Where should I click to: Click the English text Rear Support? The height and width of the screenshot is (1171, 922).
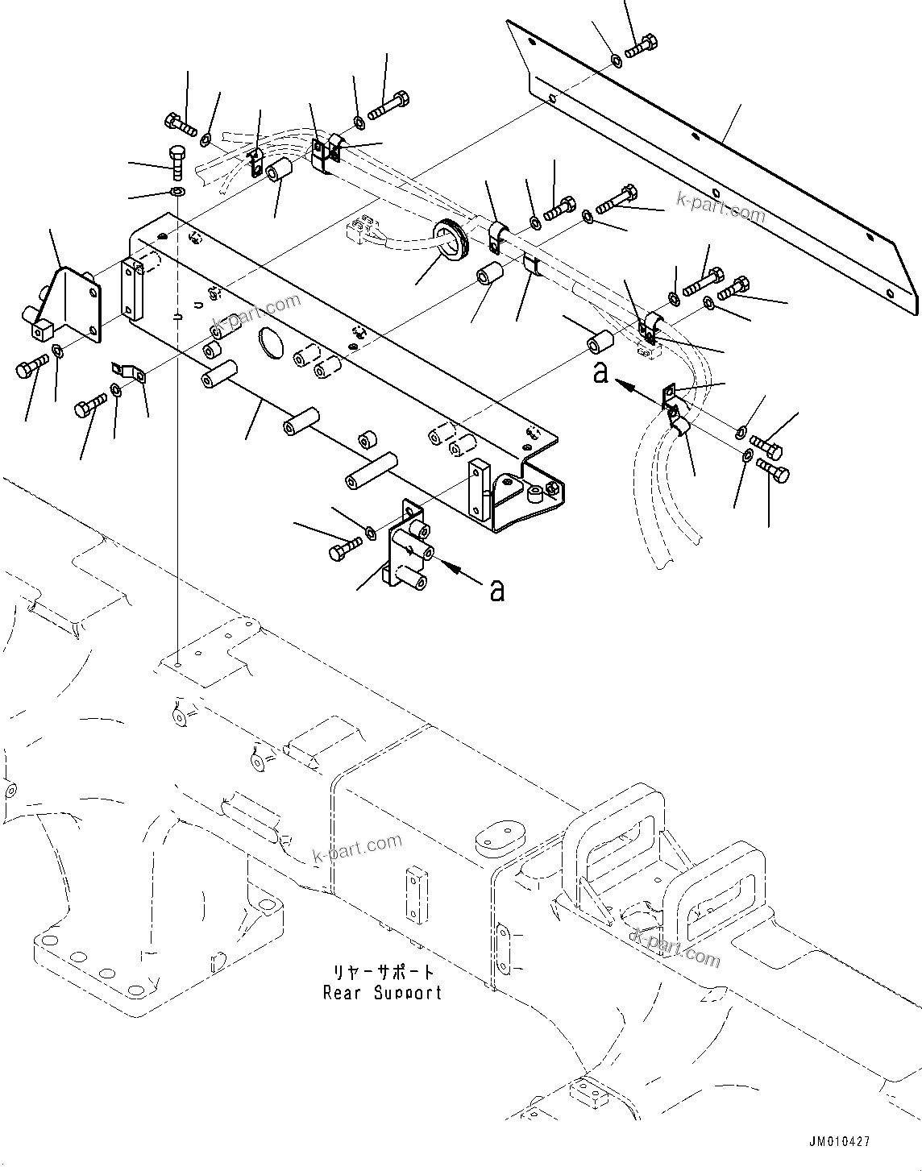tap(382, 993)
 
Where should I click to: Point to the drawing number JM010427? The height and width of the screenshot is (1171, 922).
tap(840, 1142)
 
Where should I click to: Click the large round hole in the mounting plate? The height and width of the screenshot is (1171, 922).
tap(271, 344)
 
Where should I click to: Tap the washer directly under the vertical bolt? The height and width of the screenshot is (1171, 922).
tap(177, 192)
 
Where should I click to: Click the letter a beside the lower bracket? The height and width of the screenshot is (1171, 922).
tap(497, 591)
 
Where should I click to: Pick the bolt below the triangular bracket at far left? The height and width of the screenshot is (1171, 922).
tap(30, 369)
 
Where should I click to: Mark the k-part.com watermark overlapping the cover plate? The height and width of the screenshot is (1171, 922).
tap(720, 210)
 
